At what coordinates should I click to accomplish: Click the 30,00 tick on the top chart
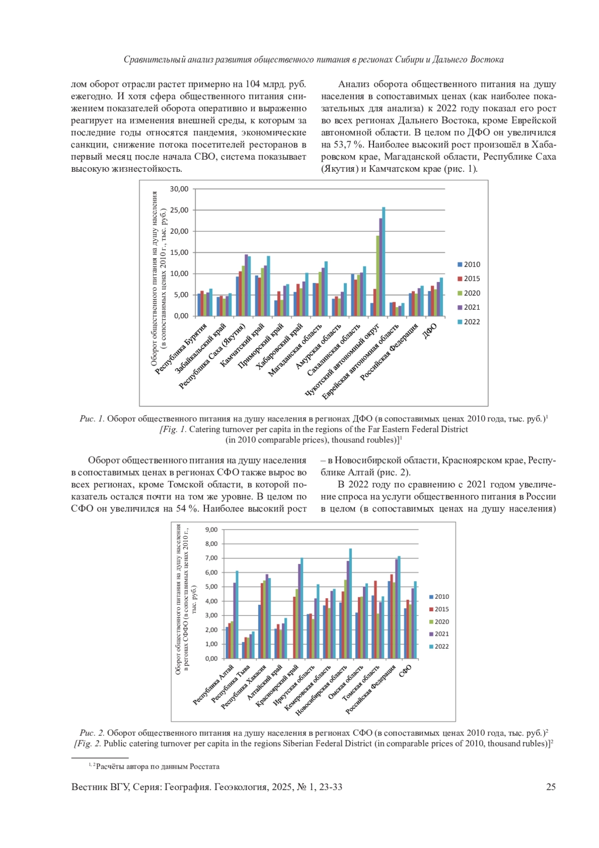tap(179, 189)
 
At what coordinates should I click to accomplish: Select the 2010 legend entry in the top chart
tap(469, 265)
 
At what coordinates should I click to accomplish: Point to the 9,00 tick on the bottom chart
tap(212, 529)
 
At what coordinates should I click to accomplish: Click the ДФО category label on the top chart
tap(430, 331)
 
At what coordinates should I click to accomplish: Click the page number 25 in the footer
tap(551, 787)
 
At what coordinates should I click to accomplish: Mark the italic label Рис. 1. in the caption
tap(92, 419)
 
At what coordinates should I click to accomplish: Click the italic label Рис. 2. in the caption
tap(92, 733)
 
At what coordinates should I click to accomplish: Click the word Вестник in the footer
tap(89, 787)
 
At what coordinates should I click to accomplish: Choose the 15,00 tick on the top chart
tap(179, 252)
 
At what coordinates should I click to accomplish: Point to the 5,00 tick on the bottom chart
tap(212, 587)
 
